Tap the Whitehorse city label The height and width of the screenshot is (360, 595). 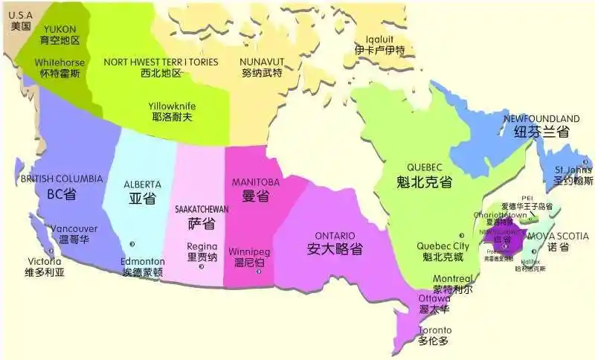click(59, 62)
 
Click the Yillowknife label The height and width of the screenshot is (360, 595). click(172, 106)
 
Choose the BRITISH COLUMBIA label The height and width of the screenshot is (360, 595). click(62, 179)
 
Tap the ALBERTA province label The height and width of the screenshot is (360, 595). click(142, 184)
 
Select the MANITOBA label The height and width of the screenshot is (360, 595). click(255, 182)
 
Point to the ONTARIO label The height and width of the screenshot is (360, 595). click(335, 235)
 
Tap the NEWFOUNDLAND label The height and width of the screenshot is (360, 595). click(541, 119)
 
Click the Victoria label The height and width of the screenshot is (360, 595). click(45, 261)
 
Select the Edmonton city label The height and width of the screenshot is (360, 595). click(143, 261)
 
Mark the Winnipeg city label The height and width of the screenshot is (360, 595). click(249, 251)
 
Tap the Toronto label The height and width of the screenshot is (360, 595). click(434, 330)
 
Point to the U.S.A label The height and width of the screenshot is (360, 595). click(21, 15)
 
